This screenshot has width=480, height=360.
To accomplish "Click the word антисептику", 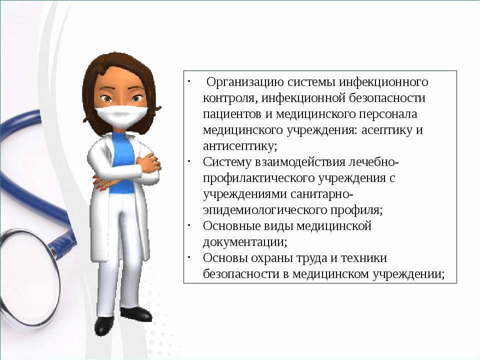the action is (x=240, y=146).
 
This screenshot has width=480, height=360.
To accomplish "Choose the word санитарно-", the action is (x=322, y=194).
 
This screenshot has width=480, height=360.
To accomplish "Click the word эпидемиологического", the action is (x=265, y=210).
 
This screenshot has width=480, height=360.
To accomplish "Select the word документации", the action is (x=245, y=242).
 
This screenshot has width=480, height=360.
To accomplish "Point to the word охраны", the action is (x=273, y=258).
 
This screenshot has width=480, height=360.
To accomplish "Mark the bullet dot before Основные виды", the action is (x=189, y=225).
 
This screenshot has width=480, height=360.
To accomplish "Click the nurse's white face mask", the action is (x=121, y=115).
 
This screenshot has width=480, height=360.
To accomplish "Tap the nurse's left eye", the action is (x=137, y=98).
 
